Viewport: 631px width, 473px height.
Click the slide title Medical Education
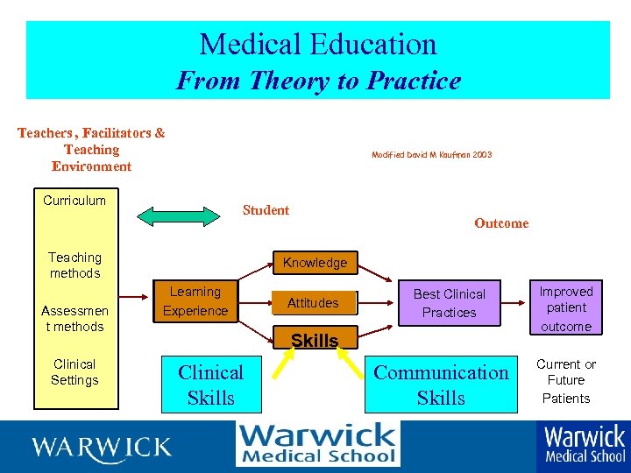click(317, 44)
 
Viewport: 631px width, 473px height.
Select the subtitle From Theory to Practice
click(317, 81)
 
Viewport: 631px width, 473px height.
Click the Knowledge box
click(315, 263)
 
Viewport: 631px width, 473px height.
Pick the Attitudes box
click(314, 303)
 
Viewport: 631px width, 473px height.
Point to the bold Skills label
click(315, 341)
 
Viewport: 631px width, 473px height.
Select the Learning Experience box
click(195, 301)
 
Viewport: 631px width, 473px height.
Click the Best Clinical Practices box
click(449, 303)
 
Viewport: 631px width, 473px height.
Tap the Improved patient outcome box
click(565, 308)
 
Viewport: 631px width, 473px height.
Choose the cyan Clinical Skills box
click(210, 385)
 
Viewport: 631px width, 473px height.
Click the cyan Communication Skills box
click(441, 385)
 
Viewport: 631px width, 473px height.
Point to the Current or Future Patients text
click(565, 381)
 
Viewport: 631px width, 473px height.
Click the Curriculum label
click(74, 201)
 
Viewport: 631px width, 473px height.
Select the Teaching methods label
click(74, 265)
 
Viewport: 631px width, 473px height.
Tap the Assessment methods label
click(74, 319)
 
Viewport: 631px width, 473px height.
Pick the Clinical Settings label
click(74, 372)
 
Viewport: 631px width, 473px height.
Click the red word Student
click(266, 210)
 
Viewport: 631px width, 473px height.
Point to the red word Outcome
click(501, 223)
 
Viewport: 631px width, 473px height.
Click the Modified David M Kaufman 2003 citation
click(431, 154)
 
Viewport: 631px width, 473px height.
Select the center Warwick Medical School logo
click(317, 443)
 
